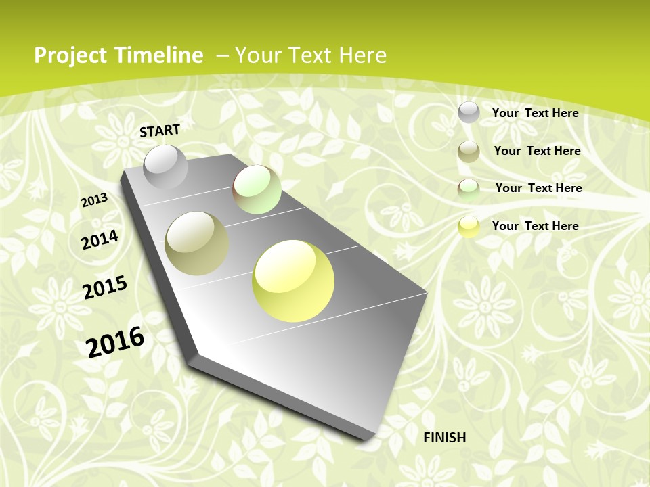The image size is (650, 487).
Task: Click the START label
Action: [160, 130]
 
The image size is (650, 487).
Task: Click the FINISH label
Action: [445, 438]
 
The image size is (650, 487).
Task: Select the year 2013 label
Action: [94, 200]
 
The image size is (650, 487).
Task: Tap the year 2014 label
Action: [100, 239]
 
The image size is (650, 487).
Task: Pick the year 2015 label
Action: [105, 287]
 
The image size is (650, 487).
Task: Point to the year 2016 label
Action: [115, 342]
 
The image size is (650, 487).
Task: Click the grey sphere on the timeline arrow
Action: [165, 167]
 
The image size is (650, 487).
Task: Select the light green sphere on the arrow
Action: [257, 189]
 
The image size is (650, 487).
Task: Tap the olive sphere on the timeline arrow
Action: [197, 243]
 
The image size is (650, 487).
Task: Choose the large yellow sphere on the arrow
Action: [293, 281]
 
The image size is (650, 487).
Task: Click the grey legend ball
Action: [469, 112]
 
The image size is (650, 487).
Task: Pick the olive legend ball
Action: [469, 152]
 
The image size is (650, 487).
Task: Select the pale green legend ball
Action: [469, 189]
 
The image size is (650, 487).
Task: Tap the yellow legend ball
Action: [469, 227]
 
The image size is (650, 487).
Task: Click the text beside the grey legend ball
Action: [535, 113]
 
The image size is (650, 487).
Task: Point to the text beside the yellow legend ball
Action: [535, 226]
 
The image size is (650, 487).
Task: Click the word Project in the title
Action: [70, 55]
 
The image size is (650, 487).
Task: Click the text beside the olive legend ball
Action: [537, 151]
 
